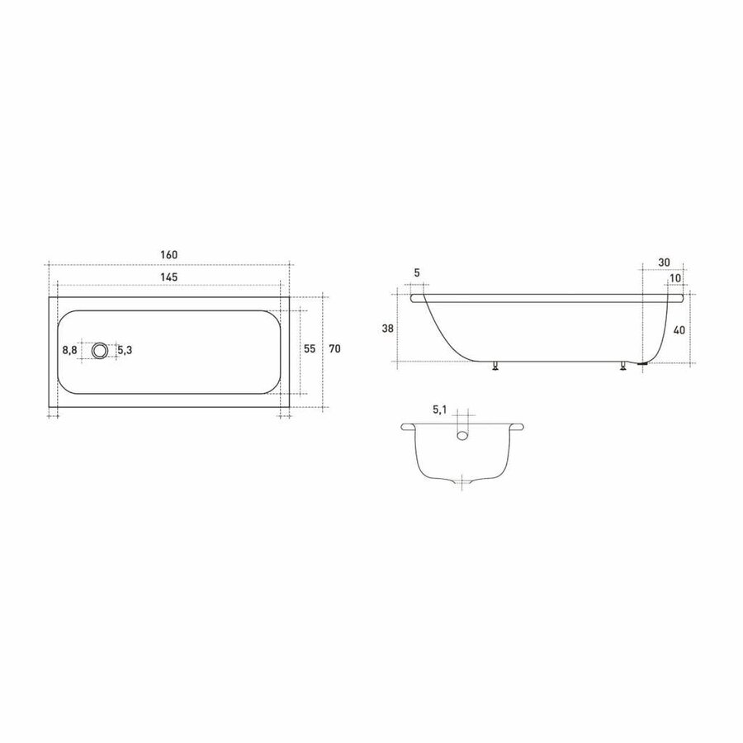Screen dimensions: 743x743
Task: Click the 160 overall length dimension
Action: (169, 254)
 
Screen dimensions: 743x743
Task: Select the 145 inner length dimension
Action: (169, 277)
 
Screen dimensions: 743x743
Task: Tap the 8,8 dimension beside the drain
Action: (70, 350)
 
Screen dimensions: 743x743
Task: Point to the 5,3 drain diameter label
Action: (124, 350)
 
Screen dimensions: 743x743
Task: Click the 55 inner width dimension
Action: (310, 349)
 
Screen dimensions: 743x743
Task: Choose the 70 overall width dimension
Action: (334, 349)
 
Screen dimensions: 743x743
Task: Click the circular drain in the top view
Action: (100, 350)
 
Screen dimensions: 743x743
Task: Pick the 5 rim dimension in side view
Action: (417, 273)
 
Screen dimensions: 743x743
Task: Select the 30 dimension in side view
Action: (665, 262)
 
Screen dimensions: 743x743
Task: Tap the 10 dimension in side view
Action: (674, 278)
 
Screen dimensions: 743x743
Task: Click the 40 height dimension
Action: (679, 329)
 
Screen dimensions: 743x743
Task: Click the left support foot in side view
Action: (495, 367)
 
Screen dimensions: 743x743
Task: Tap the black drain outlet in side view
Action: (642, 362)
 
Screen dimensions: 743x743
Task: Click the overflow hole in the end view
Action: (464, 432)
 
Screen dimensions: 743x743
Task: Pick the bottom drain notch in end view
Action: (464, 481)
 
